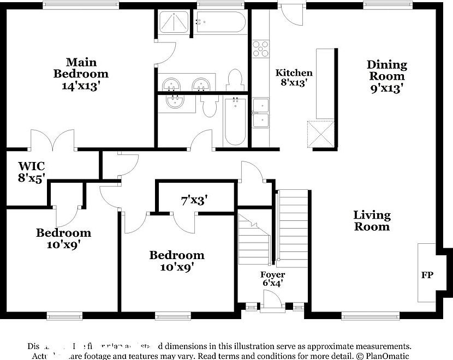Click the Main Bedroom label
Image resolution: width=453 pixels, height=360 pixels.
80,74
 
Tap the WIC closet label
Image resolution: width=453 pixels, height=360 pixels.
31,171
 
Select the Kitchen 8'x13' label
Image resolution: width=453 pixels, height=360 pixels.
294,77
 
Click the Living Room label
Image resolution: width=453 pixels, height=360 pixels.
372,220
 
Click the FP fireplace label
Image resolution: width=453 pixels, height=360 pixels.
427,275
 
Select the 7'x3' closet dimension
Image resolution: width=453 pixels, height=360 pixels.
193,200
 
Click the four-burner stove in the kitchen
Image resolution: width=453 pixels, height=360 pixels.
260,49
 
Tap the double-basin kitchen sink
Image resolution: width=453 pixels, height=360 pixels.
260,112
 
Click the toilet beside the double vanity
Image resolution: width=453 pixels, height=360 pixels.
234,80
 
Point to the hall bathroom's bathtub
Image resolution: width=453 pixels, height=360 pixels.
235,121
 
